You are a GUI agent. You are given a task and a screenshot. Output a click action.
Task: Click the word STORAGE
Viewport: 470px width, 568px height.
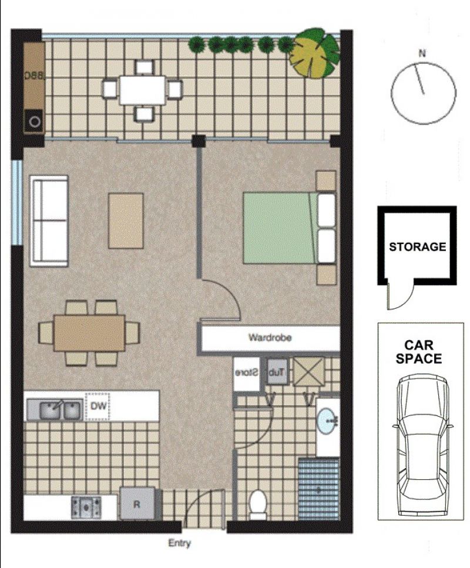tap(417, 246)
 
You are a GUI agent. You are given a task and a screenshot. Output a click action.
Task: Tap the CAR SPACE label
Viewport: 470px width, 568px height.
tap(418, 351)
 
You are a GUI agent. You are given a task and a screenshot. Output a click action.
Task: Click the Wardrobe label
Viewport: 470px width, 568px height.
tap(270, 337)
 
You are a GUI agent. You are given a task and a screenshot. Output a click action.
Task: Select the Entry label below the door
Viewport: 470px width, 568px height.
tap(180, 543)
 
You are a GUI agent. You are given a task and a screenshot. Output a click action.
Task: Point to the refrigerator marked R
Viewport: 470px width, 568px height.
tap(137, 503)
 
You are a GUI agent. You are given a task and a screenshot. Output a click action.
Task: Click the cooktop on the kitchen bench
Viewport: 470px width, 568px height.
tap(86, 507)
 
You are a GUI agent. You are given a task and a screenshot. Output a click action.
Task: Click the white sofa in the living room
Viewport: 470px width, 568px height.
tap(49, 221)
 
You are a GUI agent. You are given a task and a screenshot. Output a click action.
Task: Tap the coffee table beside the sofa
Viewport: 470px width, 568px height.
tap(126, 221)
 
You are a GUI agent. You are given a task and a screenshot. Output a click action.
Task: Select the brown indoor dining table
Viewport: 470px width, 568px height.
tap(89, 333)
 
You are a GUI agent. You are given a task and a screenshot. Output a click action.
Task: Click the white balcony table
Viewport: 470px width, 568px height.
tap(143, 90)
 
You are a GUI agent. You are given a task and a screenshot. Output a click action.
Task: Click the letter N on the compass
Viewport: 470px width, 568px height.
tap(422, 54)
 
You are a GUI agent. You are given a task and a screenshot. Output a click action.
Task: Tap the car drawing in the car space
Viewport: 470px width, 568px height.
tap(422, 446)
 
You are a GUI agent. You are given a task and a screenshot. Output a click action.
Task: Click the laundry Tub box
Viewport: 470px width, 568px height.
tap(277, 371)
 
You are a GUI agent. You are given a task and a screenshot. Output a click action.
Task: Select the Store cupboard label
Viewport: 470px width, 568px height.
tap(247, 373)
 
